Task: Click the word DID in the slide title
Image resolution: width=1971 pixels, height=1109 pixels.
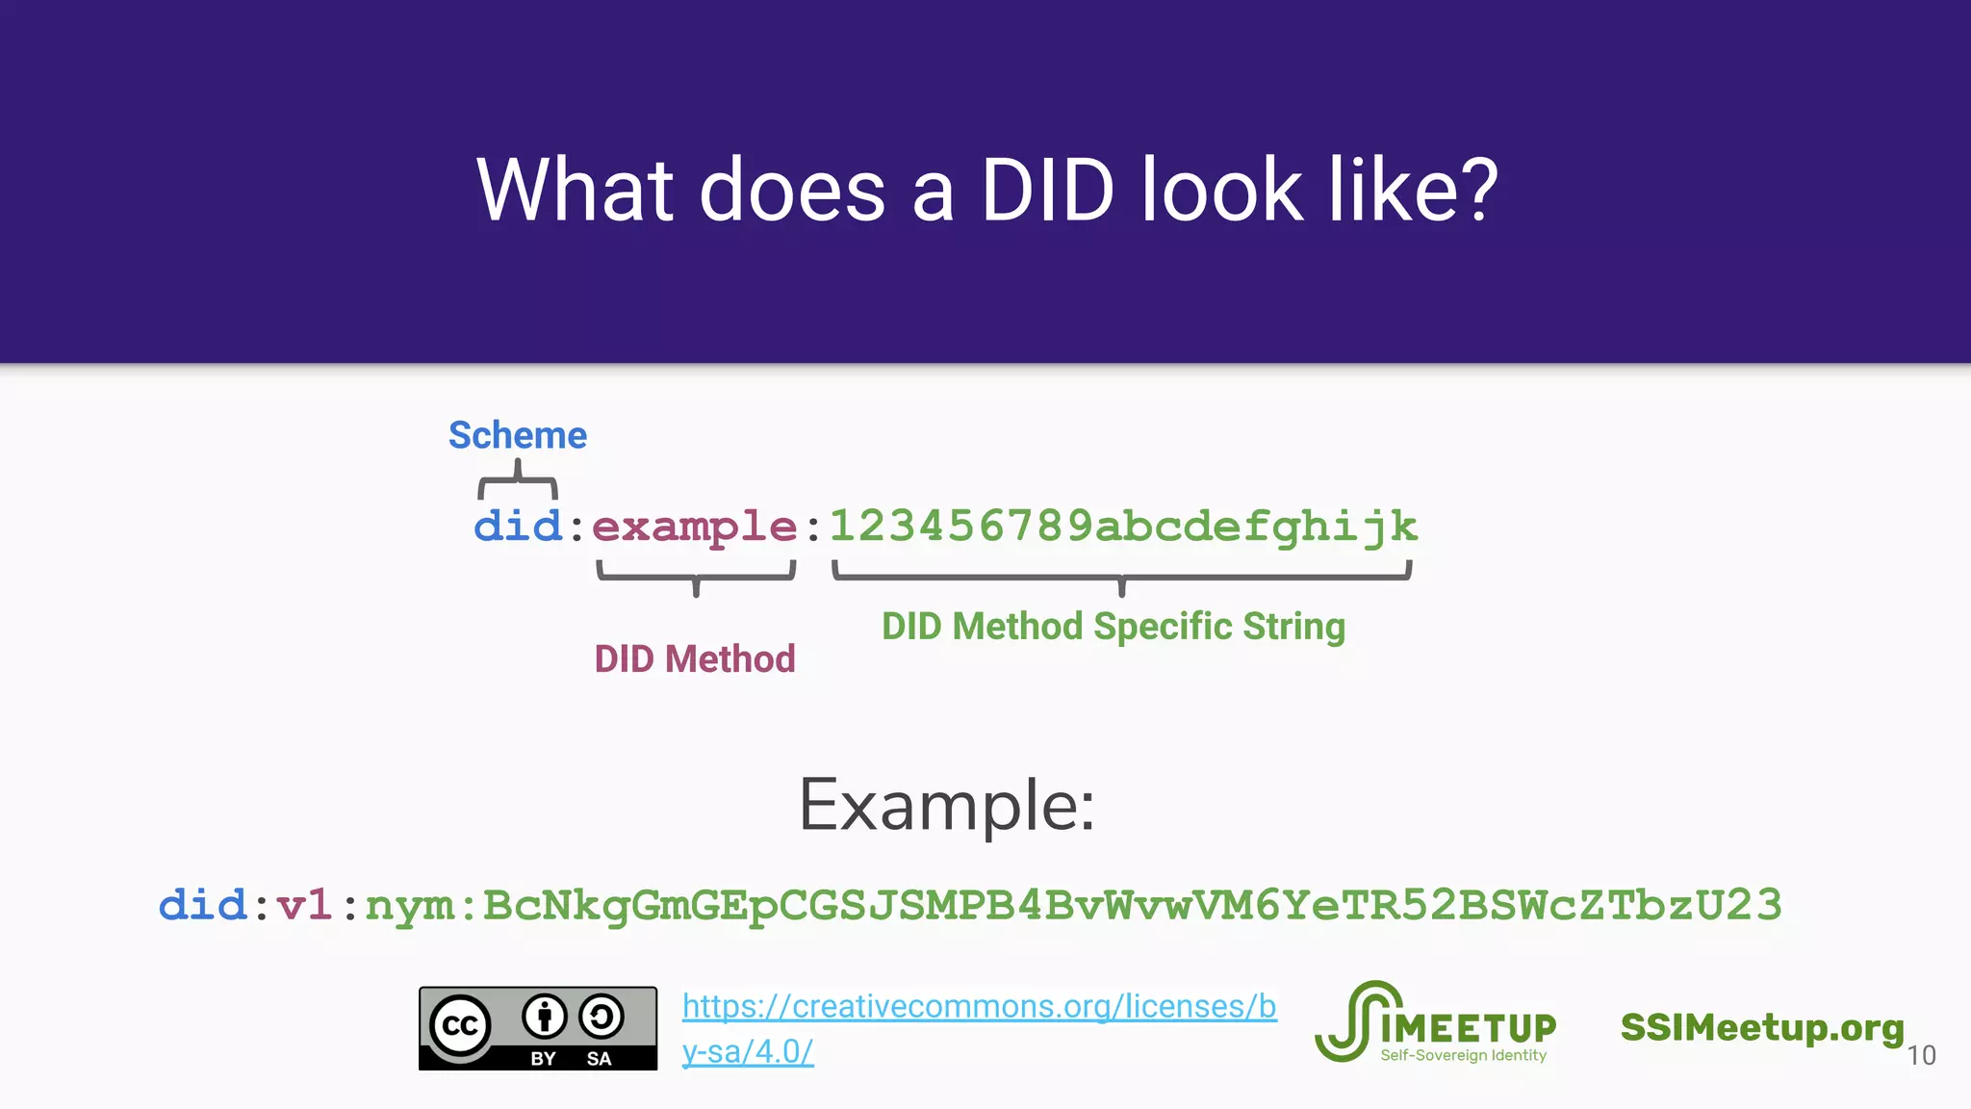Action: point(1047,190)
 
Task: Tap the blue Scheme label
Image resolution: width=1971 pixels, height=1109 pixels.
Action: point(518,435)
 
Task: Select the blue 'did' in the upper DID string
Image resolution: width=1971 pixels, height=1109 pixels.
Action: point(518,527)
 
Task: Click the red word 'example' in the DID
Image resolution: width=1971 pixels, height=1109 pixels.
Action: point(694,527)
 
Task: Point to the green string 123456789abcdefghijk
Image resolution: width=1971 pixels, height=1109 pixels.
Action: point(1123,527)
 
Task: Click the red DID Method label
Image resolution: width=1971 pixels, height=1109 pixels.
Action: point(695,659)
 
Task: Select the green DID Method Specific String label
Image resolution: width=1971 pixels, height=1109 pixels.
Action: point(1113,627)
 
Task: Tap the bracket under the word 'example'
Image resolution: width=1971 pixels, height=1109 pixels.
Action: point(696,576)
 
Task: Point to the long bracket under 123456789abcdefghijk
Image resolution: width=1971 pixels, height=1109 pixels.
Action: point(1121,576)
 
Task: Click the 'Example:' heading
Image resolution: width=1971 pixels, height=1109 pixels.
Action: point(947,806)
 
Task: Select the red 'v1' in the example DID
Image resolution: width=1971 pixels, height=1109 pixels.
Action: point(304,906)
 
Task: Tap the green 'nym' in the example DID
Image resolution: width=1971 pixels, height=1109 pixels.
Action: point(410,906)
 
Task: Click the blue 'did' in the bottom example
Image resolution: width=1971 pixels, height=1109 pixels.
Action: point(202,906)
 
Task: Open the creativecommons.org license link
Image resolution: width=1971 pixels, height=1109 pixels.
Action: point(979,1007)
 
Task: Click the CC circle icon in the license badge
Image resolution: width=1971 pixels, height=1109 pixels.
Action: point(460,1025)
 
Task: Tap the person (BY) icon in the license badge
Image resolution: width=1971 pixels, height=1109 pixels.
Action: point(545,1016)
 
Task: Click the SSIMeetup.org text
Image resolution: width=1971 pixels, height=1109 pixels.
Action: point(1762,1027)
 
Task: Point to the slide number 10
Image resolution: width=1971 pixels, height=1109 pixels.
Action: point(1921,1056)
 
